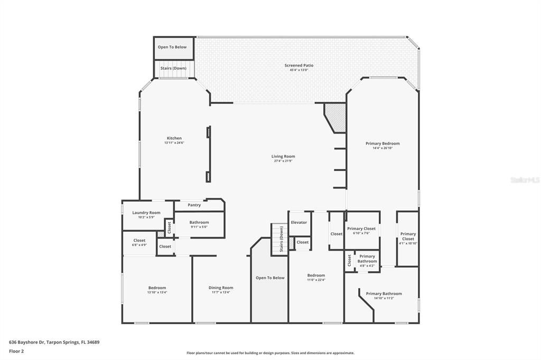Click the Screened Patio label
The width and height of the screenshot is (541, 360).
[299, 65]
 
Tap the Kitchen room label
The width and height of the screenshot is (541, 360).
[174, 138]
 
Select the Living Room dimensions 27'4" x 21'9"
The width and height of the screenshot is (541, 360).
[283, 161]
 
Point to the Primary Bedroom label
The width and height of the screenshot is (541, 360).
[383, 143]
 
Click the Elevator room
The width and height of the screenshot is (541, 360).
[299, 222]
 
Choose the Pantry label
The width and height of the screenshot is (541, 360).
[194, 205]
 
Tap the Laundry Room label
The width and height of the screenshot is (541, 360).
[146, 213]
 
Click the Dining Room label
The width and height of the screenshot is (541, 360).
[220, 288]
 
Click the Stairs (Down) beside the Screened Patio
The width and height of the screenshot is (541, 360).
[173, 68]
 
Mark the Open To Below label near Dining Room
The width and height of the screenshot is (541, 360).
[270, 278]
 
